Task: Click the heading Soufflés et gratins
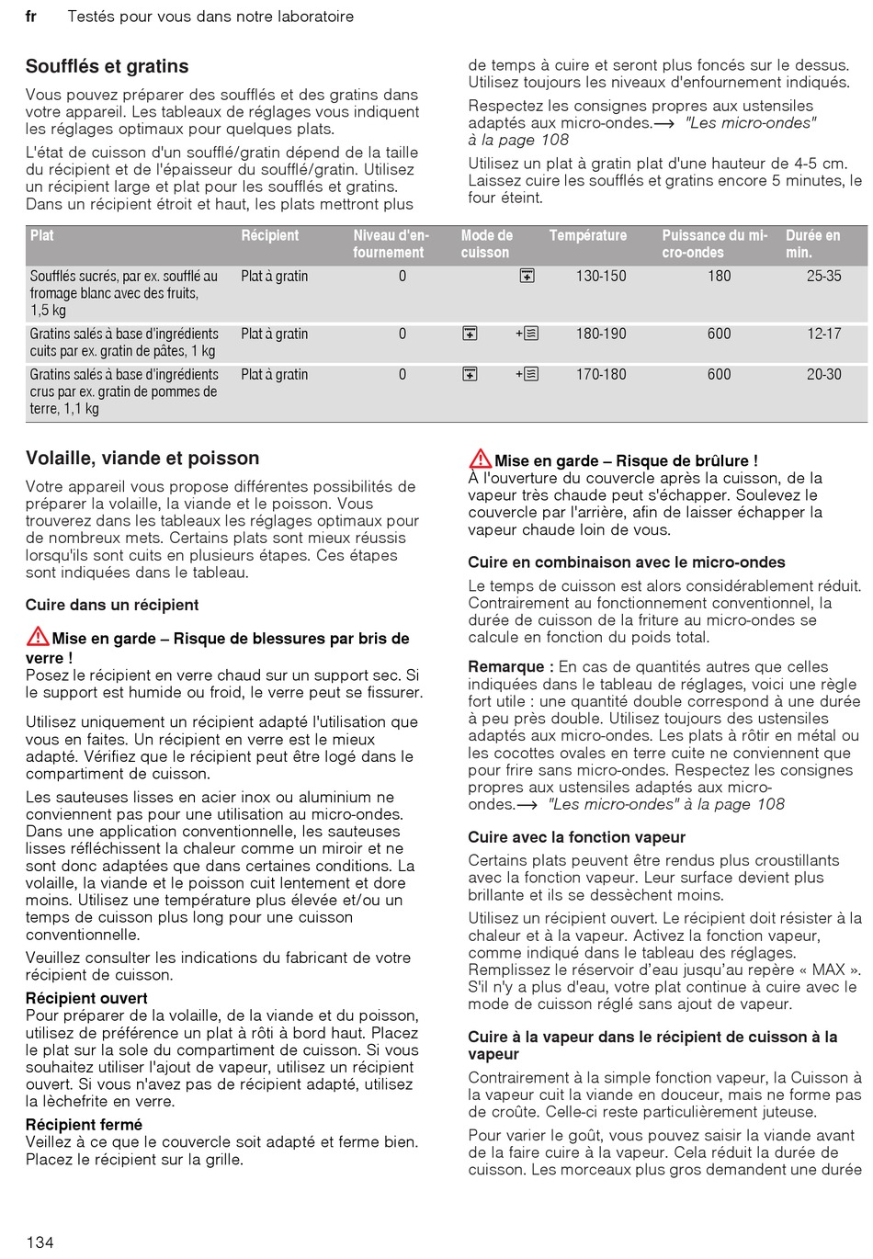coord(108,66)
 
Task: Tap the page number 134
coord(40,1242)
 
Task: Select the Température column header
coord(588,236)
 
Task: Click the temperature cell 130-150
coord(601,276)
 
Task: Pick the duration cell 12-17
coord(823,334)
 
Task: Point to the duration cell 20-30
coord(823,374)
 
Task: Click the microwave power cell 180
coord(720,276)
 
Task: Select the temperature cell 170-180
coord(601,374)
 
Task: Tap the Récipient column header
coord(270,236)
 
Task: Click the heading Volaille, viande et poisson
coord(142,458)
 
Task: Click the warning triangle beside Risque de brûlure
coord(480,459)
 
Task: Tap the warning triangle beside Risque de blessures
coord(38,636)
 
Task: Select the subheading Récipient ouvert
coord(86,998)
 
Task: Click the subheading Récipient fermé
coord(84,1125)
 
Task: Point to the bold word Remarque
coord(506,666)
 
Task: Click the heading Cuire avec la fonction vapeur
coord(577,837)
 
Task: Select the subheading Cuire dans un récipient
coord(112,605)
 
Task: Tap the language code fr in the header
coord(30,17)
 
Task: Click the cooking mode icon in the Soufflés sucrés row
coord(527,276)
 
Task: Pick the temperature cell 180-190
coord(601,334)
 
